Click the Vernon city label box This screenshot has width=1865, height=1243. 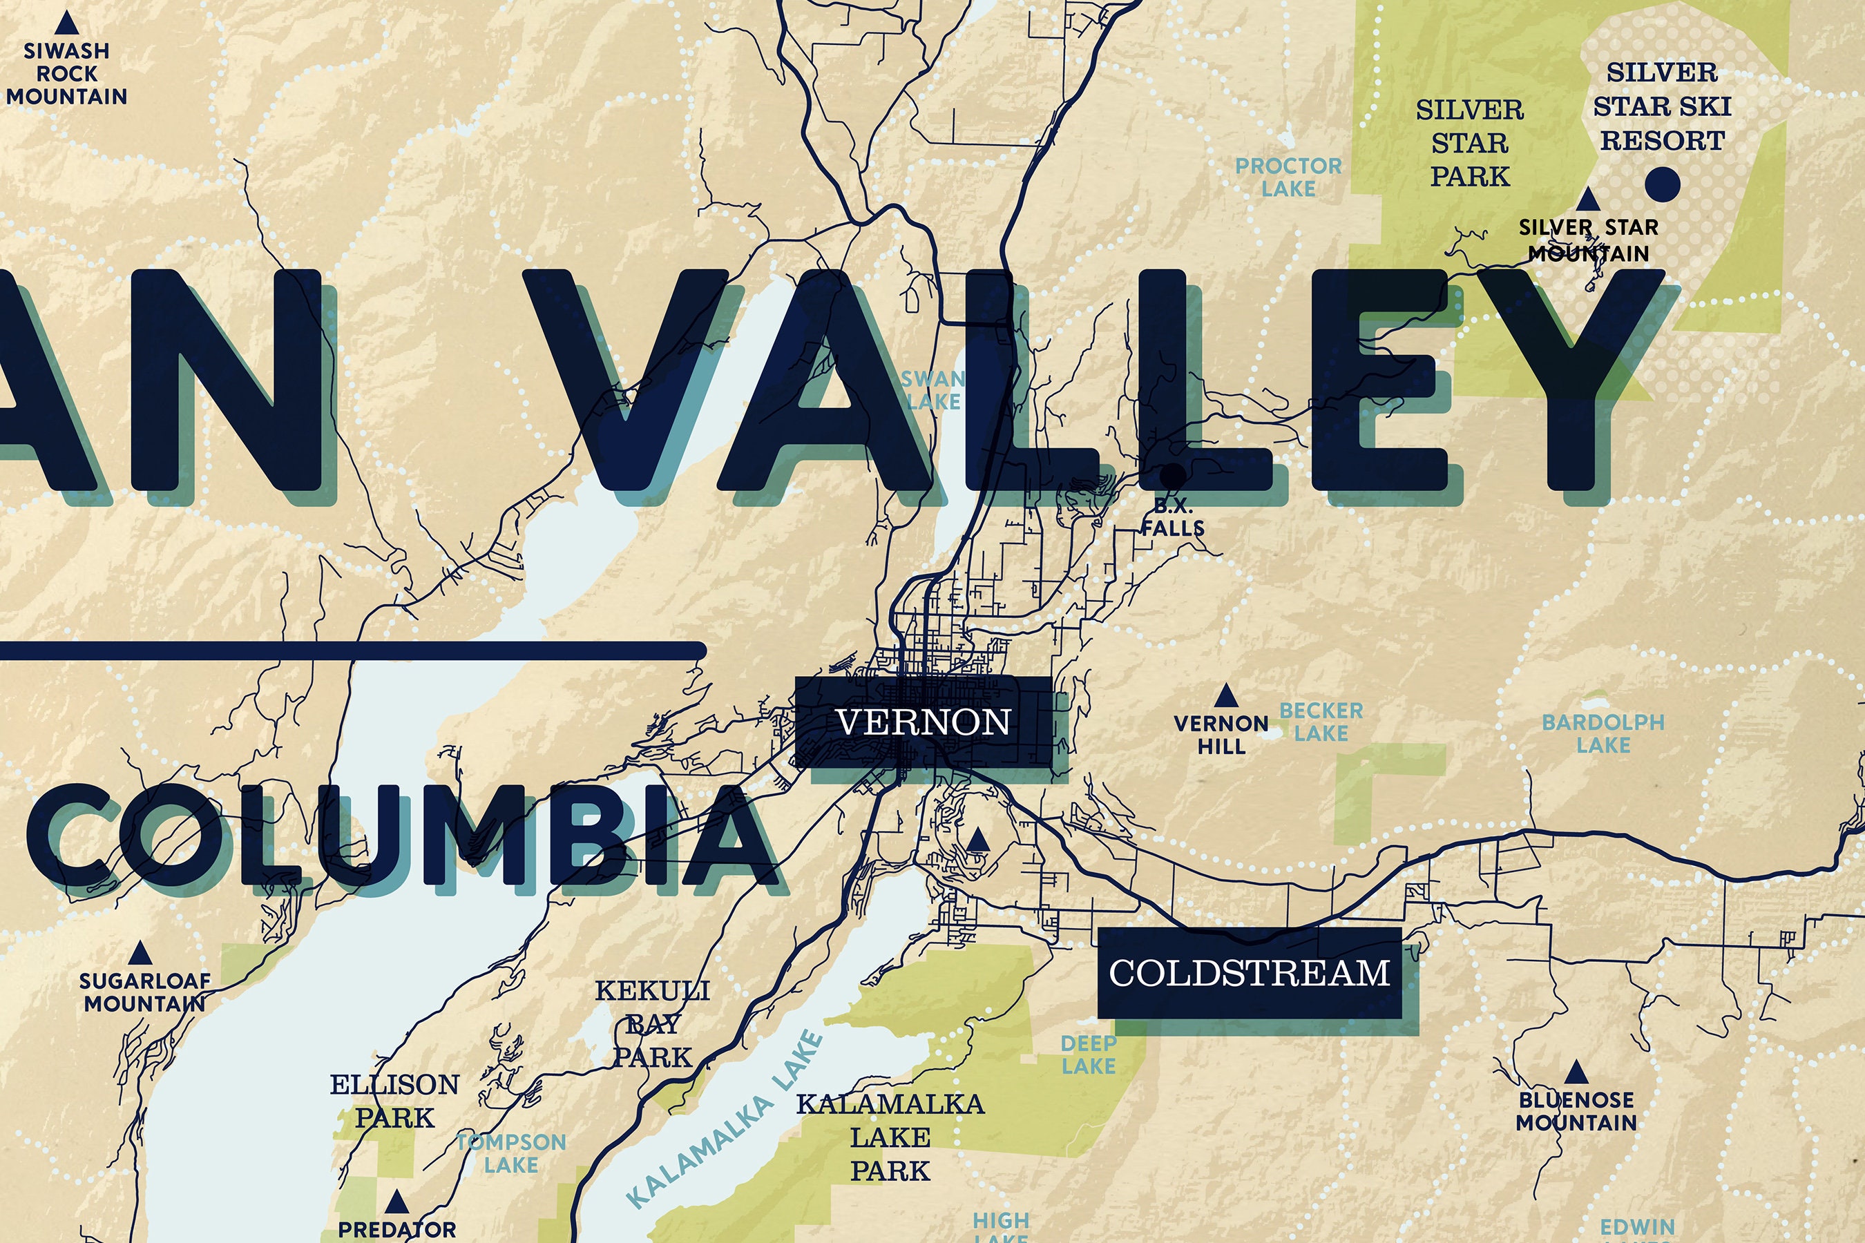pyautogui.click(x=924, y=722)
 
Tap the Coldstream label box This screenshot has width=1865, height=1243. pyautogui.click(x=1250, y=973)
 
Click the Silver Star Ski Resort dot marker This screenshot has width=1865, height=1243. pyautogui.click(x=1662, y=184)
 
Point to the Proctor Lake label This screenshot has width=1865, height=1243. pyautogui.click(x=1288, y=177)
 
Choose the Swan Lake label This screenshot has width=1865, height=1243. pyautogui.click(x=933, y=390)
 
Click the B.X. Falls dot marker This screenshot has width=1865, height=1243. pyautogui.click(x=1173, y=476)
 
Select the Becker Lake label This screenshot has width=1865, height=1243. pyautogui.click(x=1321, y=722)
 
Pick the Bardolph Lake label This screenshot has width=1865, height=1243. pyautogui.click(x=1603, y=733)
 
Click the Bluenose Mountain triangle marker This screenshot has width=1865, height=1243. pyautogui.click(x=1576, y=1073)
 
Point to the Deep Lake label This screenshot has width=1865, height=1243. pyautogui.click(x=1088, y=1055)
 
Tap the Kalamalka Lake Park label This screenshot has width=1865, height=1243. pyautogui.click(x=890, y=1137)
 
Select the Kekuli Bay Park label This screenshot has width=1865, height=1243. pyautogui.click(x=653, y=1024)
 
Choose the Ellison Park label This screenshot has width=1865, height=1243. pyautogui.click(x=395, y=1101)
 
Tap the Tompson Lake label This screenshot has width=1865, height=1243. pyautogui.click(x=511, y=1153)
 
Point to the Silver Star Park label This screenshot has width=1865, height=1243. pyautogui.click(x=1469, y=143)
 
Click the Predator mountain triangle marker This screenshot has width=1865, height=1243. pyautogui.click(x=396, y=1202)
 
